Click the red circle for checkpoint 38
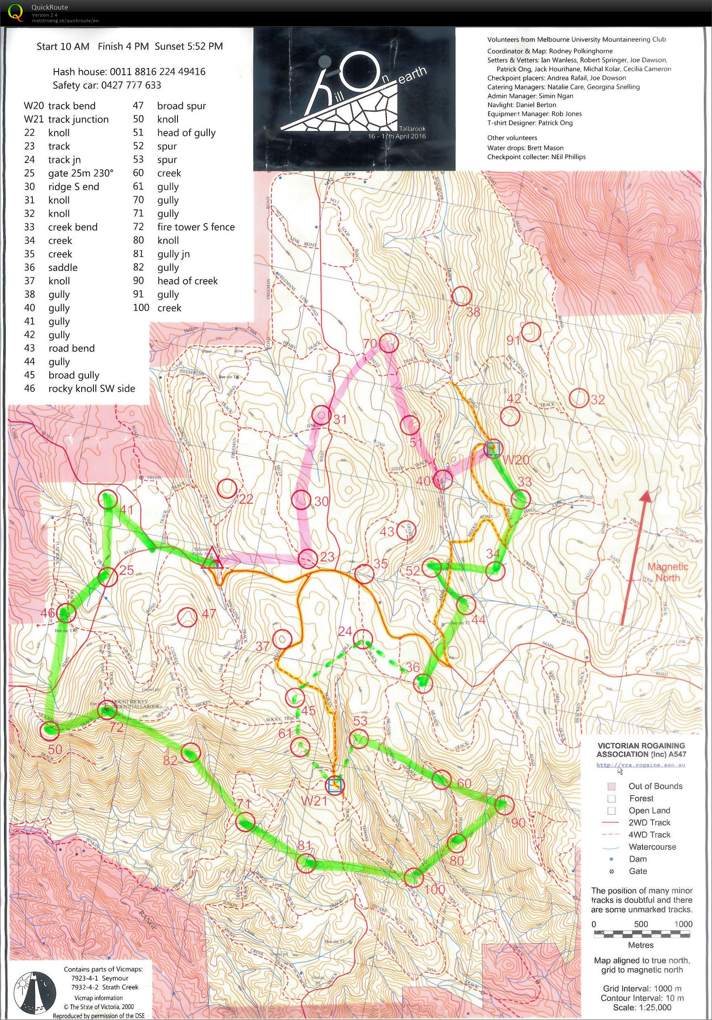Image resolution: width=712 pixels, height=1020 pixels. tap(461, 296)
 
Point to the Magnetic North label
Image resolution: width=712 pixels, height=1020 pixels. tap(667, 572)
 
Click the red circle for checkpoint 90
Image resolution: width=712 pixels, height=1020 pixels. tap(504, 805)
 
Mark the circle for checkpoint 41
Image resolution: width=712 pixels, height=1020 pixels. tap(109, 500)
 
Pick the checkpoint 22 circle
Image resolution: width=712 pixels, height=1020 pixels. tap(227, 488)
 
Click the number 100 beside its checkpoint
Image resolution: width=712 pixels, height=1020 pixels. tap(434, 889)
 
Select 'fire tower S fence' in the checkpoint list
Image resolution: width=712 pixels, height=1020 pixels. tap(195, 227)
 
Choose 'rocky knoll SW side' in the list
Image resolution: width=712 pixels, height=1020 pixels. tap(91, 389)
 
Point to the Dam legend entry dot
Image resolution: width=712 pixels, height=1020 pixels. tap(611, 859)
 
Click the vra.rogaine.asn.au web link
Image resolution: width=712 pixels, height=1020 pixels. tap(640, 765)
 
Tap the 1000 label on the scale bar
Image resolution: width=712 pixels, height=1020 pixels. tap(683, 925)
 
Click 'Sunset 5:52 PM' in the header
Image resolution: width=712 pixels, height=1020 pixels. tap(189, 46)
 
